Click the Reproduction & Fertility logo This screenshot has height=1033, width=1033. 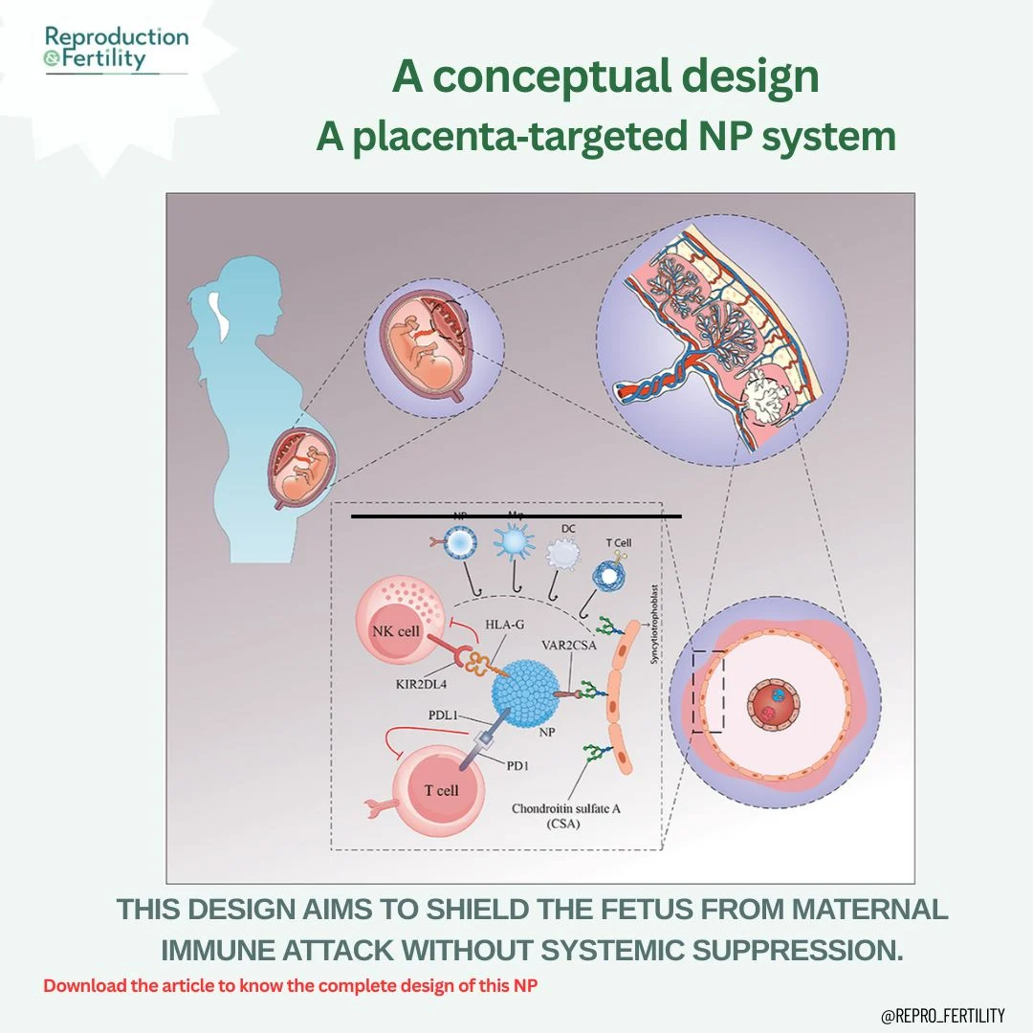tap(117, 48)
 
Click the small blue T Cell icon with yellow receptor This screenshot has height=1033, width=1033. tap(608, 572)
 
